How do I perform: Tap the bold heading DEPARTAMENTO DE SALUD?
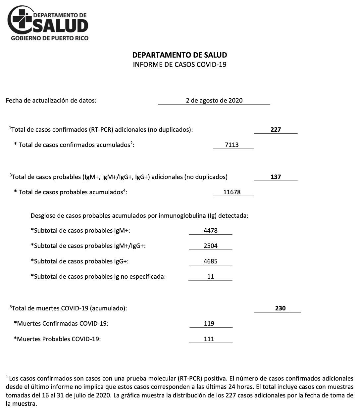point(180,55)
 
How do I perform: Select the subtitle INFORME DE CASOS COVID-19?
point(180,65)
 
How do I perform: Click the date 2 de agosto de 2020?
point(214,100)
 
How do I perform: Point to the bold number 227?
point(276,129)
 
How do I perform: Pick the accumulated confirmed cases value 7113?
point(231,145)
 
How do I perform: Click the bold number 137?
point(276,177)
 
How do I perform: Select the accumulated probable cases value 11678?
point(232,192)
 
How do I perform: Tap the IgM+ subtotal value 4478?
point(211,230)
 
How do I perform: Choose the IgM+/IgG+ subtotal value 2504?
point(211,246)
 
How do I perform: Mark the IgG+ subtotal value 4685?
point(211,261)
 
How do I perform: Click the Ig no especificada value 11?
point(211,276)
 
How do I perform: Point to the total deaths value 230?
point(280,308)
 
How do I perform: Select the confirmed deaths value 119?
point(209,323)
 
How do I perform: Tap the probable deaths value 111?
point(209,339)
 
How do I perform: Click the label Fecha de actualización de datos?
point(51,100)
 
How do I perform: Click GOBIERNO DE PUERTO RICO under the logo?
point(50,38)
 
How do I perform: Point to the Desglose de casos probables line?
point(139,216)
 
